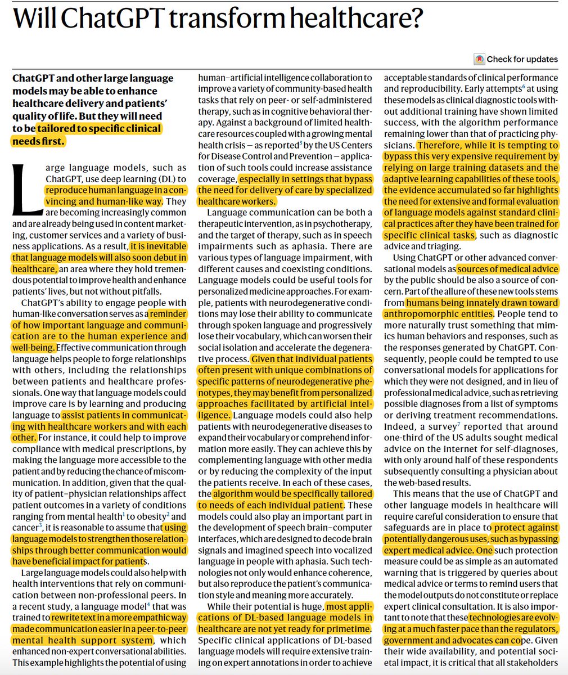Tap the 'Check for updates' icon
[x=479, y=59]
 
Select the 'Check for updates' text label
[x=522, y=59]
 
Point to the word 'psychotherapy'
[x=345, y=224]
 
